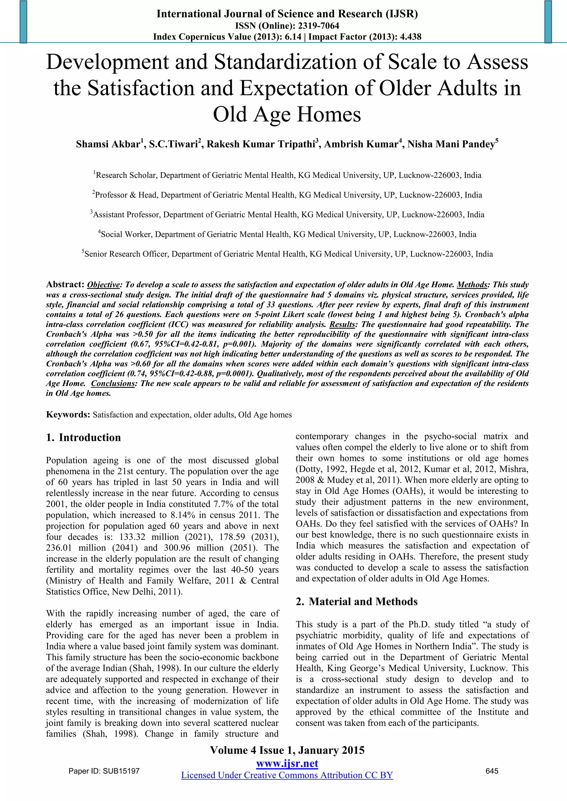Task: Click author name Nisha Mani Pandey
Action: point(451,144)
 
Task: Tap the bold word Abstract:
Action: point(65,284)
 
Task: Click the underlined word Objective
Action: point(103,285)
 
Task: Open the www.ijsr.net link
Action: point(287,763)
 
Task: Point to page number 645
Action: point(492,771)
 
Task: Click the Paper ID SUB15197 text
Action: point(104,771)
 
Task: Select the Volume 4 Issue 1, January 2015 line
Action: point(287,750)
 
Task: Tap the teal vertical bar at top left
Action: point(23,22)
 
